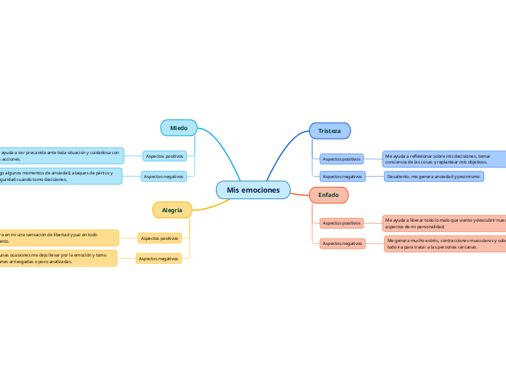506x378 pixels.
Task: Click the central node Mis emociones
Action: click(x=253, y=190)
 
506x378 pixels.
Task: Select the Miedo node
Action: click(x=179, y=128)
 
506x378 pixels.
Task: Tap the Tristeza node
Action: click(x=329, y=131)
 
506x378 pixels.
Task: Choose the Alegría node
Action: click(x=172, y=210)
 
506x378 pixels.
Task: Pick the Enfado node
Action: click(x=329, y=195)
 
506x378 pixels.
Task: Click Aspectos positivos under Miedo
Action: click(x=164, y=156)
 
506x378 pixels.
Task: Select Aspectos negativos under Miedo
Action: click(x=164, y=176)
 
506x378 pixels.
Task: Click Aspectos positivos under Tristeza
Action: click(x=341, y=158)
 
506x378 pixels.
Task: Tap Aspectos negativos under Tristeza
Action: click(x=342, y=177)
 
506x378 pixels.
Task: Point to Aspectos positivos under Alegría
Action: click(x=159, y=238)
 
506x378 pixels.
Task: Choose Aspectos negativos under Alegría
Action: click(x=158, y=258)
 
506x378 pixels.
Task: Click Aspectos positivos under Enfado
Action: click(x=341, y=222)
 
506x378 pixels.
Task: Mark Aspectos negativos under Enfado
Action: click(x=342, y=244)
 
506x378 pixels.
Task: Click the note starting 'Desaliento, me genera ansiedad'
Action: click(x=434, y=177)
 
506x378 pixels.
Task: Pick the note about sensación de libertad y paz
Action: click(x=58, y=238)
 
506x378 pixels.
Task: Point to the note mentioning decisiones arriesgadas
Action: click(x=57, y=258)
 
